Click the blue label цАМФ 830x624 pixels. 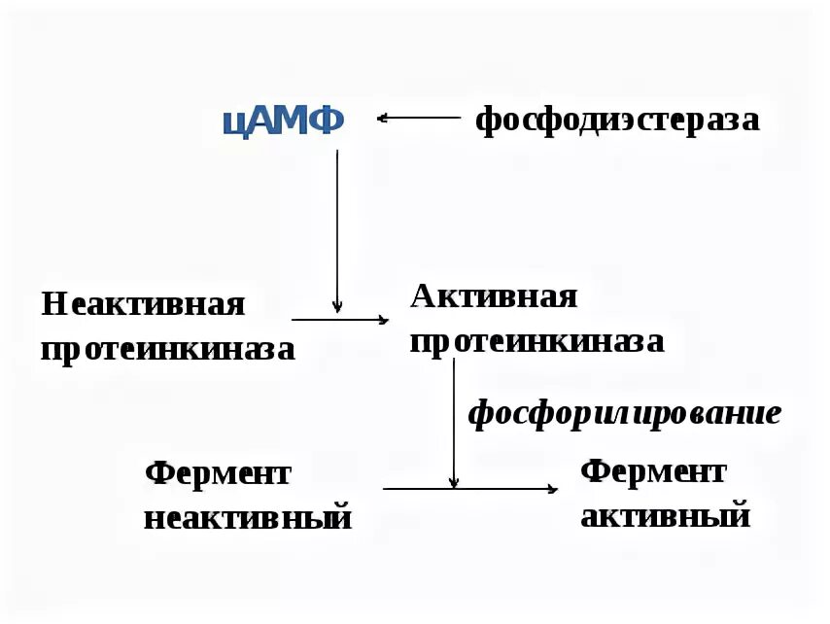click(284, 121)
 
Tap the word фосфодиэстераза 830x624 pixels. click(616, 121)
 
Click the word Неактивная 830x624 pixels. click(143, 304)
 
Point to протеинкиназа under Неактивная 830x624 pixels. click(167, 348)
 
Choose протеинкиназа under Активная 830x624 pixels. click(537, 341)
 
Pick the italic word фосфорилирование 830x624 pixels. click(624, 413)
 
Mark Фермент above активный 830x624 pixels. click(653, 471)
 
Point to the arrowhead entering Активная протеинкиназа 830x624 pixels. click(383, 319)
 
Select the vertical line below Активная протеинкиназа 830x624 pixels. click(454, 418)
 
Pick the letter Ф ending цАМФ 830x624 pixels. click(327, 121)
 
